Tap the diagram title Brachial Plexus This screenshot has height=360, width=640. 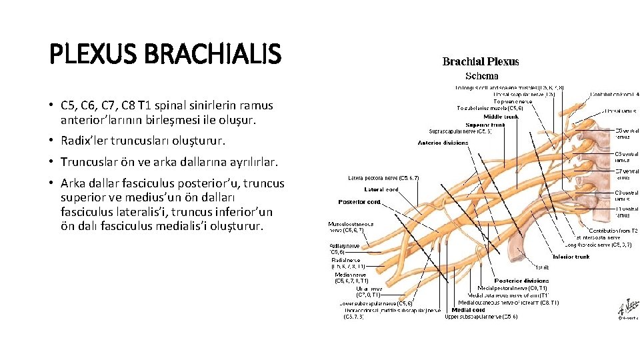tap(481, 62)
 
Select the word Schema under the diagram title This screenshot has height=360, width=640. tap(481, 76)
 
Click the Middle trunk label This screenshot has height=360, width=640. tap(502, 117)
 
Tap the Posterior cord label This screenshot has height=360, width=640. tap(359, 201)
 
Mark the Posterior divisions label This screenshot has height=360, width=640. tap(522, 281)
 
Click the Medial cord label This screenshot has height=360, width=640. tap(469, 309)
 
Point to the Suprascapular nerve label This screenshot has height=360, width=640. tap(461, 131)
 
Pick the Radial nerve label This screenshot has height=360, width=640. tap(346, 259)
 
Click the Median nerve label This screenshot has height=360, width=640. tap(351, 275)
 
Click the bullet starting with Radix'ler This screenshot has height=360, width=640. tap(143, 141)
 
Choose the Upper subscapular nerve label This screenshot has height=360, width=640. tap(481, 317)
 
